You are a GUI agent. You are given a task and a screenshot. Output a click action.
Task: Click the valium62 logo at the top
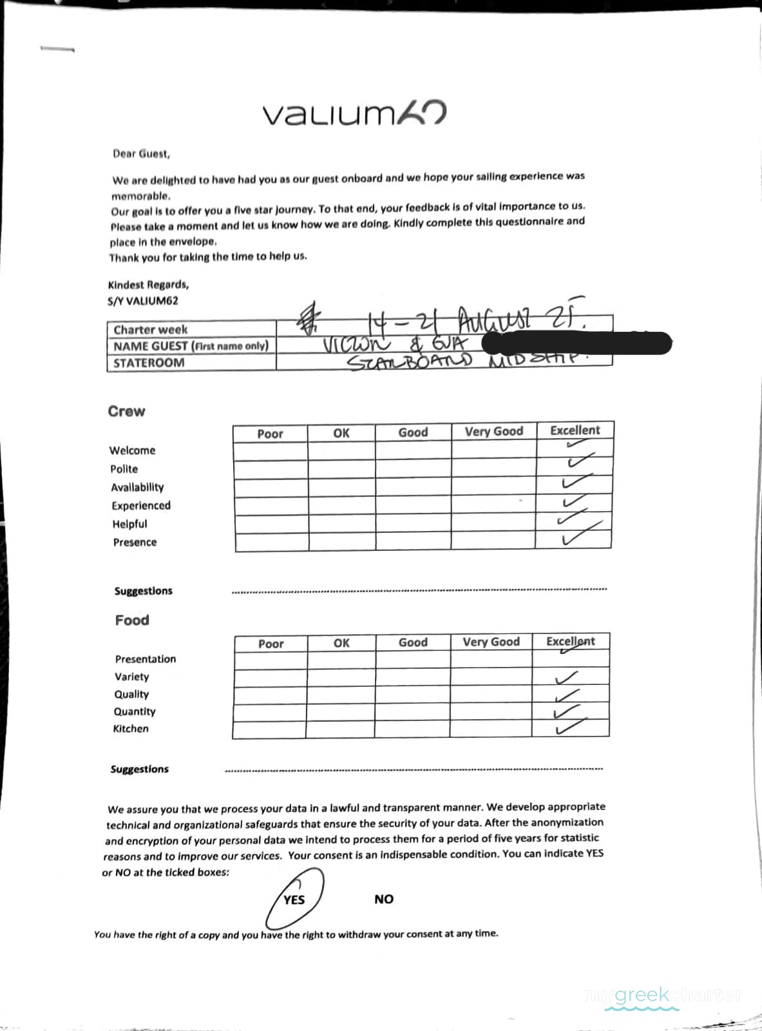(x=354, y=115)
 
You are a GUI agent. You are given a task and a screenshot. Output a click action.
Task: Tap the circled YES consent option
(x=294, y=899)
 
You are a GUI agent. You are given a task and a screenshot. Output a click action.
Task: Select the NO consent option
(x=383, y=899)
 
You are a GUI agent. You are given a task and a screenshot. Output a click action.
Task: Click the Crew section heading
(x=126, y=411)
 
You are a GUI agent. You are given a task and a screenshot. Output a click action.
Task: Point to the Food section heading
(x=132, y=620)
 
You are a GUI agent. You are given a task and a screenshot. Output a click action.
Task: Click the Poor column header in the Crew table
(x=270, y=434)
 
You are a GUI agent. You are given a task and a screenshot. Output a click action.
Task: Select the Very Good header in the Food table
(x=491, y=642)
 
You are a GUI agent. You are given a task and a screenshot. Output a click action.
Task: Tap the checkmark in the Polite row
(x=578, y=461)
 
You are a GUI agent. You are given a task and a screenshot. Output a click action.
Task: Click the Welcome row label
(x=132, y=450)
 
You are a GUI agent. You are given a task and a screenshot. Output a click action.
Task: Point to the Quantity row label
(x=135, y=711)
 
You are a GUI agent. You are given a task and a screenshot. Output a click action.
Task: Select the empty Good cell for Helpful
(x=413, y=523)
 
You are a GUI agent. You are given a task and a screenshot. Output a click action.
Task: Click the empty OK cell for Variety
(x=341, y=677)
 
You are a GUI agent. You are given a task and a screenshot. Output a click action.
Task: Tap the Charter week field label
(x=151, y=329)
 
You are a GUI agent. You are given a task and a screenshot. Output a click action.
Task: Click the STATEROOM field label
(x=149, y=363)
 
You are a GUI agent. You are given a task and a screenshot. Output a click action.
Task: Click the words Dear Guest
(x=141, y=153)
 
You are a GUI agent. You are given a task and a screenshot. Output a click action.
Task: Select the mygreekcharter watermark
(x=664, y=995)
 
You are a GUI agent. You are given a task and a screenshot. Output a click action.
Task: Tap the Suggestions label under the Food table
(x=139, y=769)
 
